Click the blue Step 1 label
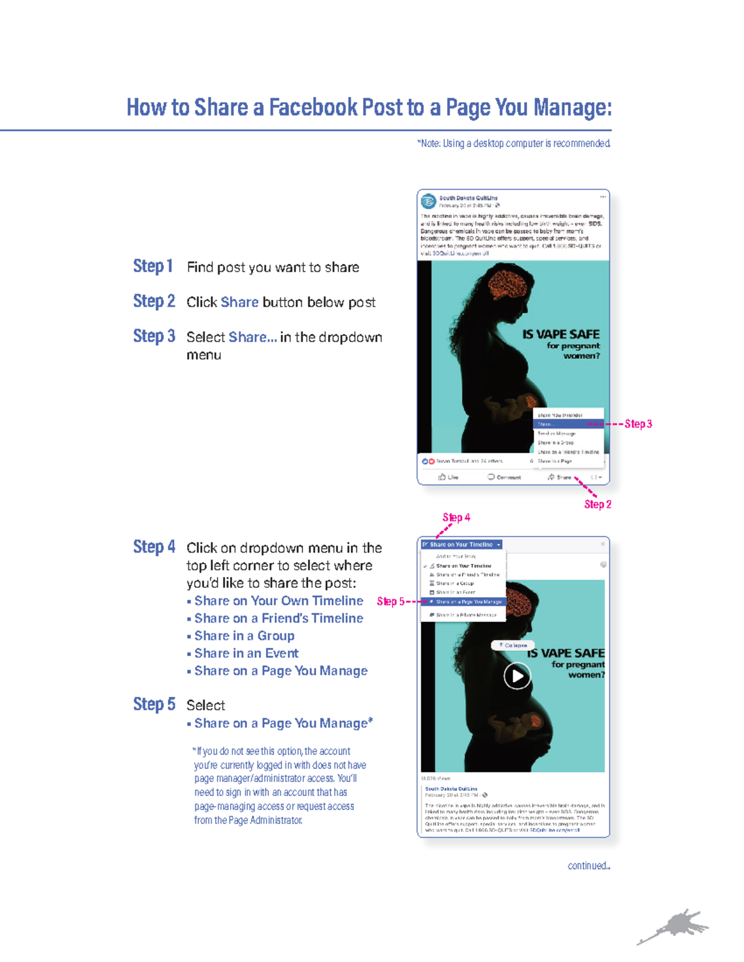click(x=153, y=266)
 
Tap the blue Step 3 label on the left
click(x=154, y=336)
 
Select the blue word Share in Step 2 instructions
click(x=239, y=302)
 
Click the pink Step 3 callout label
click(x=638, y=424)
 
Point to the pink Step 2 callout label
click(x=598, y=504)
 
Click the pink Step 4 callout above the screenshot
click(x=456, y=517)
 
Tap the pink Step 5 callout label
click(x=390, y=601)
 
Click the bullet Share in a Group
click(x=244, y=636)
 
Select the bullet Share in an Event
click(x=246, y=654)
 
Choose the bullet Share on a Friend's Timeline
click(x=278, y=618)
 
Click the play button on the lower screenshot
click(x=517, y=676)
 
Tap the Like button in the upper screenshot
click(x=448, y=477)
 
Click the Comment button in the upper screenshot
click(x=504, y=477)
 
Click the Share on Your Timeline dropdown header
click(x=461, y=544)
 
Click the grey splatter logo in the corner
click(x=676, y=927)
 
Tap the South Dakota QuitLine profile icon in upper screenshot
click(x=428, y=201)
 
